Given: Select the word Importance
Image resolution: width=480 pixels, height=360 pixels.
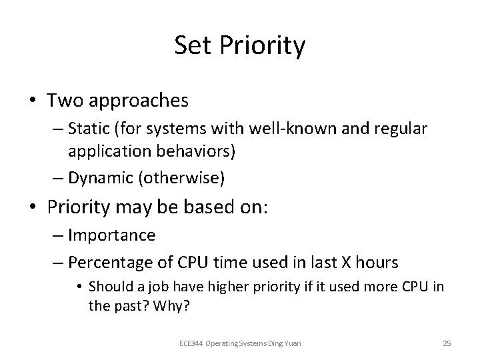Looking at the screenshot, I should pos(113,235).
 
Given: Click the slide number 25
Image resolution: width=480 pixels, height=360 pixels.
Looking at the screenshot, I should pos(447,343).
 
